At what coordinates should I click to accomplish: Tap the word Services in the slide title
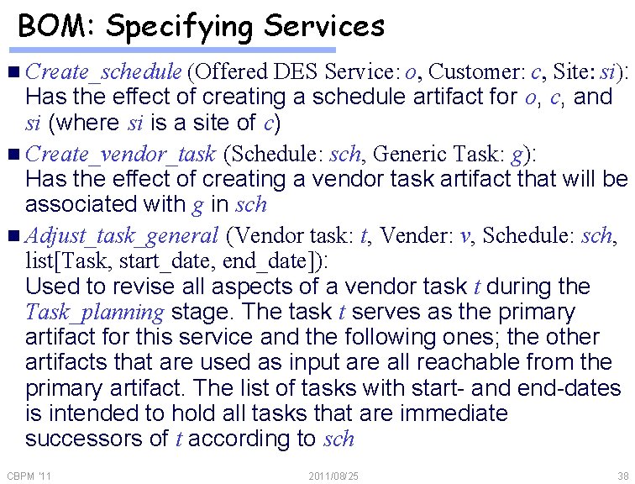[x=324, y=26]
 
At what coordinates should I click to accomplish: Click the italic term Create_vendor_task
[x=122, y=154]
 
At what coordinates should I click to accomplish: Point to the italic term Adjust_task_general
[x=123, y=236]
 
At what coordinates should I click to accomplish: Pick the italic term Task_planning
[x=95, y=313]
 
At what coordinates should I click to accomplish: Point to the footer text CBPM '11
[x=29, y=476]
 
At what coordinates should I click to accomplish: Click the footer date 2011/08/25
[x=333, y=476]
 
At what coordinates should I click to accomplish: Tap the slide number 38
[x=622, y=476]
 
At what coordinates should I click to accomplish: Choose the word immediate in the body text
[x=454, y=413]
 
